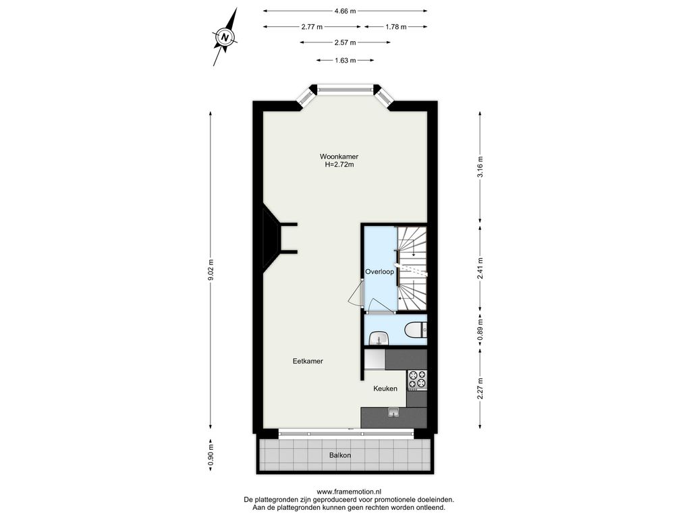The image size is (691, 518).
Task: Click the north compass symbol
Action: (x=225, y=37)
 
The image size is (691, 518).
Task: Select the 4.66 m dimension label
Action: (x=345, y=11)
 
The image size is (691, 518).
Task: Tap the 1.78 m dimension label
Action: (x=395, y=27)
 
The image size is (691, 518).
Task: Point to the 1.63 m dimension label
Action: (x=345, y=60)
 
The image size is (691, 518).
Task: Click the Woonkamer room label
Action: (x=339, y=156)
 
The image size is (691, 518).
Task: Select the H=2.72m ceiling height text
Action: (x=339, y=165)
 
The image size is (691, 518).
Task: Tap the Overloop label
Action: (x=379, y=272)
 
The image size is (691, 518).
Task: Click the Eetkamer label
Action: (x=308, y=362)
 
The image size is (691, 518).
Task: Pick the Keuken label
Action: (x=385, y=388)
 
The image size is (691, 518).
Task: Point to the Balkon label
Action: (x=340, y=455)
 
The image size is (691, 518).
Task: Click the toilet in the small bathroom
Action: (x=415, y=329)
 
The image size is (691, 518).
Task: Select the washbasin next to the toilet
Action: (x=379, y=338)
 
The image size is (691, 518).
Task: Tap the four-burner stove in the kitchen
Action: (x=417, y=380)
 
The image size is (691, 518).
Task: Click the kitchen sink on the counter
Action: (x=393, y=412)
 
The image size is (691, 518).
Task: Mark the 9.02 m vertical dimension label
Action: (x=211, y=270)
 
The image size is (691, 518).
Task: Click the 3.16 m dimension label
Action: (x=480, y=167)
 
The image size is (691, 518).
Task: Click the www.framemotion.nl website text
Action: (x=349, y=492)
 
